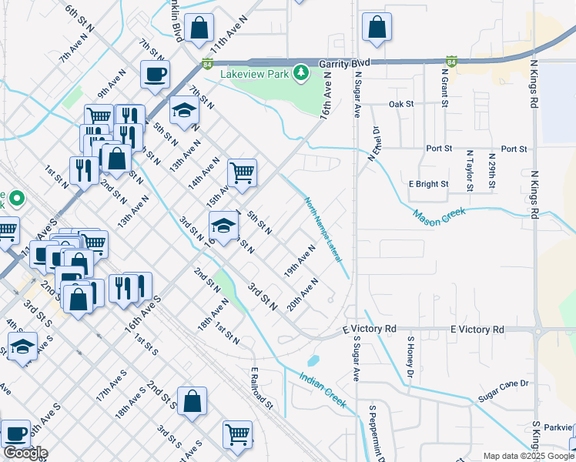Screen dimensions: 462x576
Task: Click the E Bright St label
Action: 428,184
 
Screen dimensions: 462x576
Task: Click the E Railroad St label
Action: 262,387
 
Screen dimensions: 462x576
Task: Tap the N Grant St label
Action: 444,86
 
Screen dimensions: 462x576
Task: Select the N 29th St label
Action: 492,171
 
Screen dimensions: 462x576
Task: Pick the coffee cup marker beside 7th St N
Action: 155,75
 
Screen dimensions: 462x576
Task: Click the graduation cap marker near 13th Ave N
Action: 184,112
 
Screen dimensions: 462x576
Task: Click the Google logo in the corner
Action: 25,453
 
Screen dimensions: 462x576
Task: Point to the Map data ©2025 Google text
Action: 528,456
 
